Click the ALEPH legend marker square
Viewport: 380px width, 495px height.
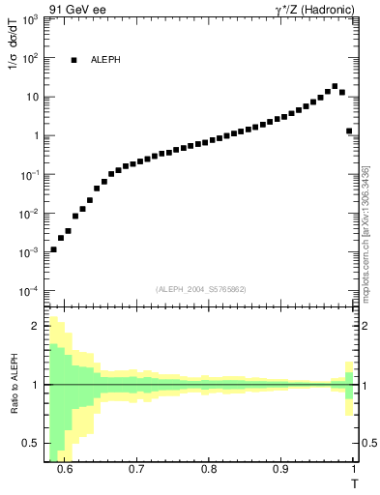point(73,60)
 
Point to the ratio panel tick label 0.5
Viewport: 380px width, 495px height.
point(33,443)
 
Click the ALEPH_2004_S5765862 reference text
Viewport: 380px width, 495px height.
point(201,290)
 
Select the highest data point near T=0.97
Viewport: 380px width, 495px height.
point(335,86)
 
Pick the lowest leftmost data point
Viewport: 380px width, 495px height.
point(53,249)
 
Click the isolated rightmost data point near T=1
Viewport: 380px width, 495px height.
point(349,131)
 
